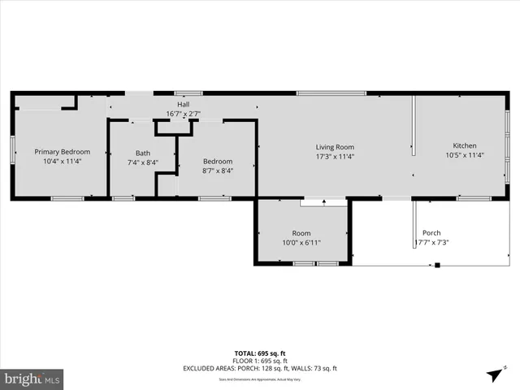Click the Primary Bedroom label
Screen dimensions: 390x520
coord(62,152)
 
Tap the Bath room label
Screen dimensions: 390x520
coord(143,153)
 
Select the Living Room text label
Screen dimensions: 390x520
coord(335,147)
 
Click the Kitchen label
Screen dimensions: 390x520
coord(465,145)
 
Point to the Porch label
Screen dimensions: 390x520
coord(431,232)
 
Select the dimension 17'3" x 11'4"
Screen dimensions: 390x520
coord(335,156)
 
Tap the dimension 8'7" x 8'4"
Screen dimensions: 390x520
coord(217,171)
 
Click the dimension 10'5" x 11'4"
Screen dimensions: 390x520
coord(465,155)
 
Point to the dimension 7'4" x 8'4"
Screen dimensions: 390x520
coord(143,162)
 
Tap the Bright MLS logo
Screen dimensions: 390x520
coord(32,379)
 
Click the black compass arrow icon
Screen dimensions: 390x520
coord(494,375)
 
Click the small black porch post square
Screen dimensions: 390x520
coord(437,264)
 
